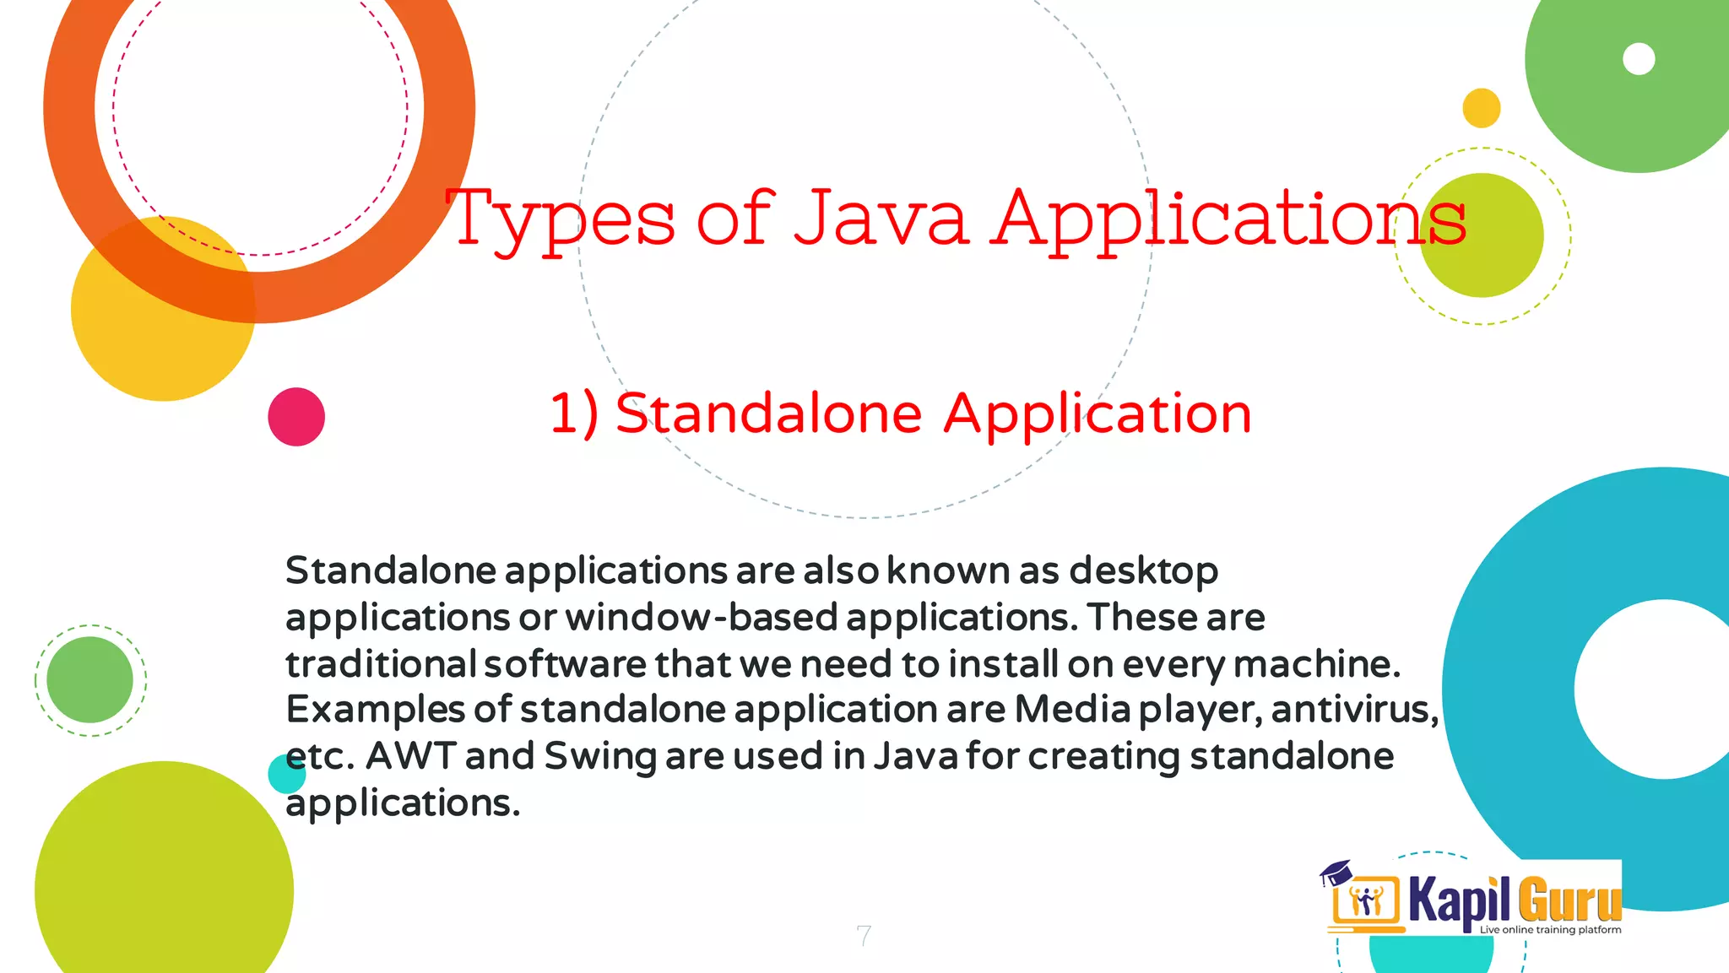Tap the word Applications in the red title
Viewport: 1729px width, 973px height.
pyautogui.click(x=1228, y=219)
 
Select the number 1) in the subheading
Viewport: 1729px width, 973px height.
pyautogui.click(x=574, y=414)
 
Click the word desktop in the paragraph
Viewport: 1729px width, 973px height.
pyautogui.click(x=1143, y=572)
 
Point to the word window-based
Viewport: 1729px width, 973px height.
pyautogui.click(x=701, y=618)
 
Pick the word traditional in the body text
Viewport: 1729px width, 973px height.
pyautogui.click(x=381, y=664)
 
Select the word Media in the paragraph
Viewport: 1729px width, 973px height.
pyautogui.click(x=1072, y=710)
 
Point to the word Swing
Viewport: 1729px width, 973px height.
pyautogui.click(x=599, y=757)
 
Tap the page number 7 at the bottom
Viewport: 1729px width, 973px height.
pyautogui.click(x=863, y=935)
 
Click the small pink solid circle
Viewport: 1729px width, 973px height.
pyautogui.click(x=296, y=417)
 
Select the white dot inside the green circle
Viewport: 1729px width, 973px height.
pyautogui.click(x=1639, y=59)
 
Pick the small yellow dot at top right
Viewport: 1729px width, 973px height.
pyautogui.click(x=1481, y=108)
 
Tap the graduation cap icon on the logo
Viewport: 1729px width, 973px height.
pyautogui.click(x=1336, y=872)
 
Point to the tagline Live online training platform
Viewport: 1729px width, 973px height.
pyautogui.click(x=1550, y=930)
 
